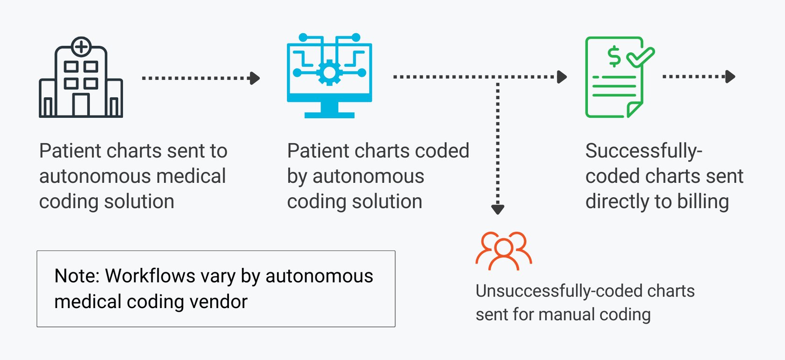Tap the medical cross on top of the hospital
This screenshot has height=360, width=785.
(81, 47)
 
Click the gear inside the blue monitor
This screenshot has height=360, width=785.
(329, 72)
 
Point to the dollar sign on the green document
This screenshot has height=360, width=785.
(614, 56)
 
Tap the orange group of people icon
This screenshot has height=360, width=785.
(504, 251)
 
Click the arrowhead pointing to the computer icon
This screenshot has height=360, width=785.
(255, 78)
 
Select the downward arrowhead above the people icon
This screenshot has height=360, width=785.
(498, 209)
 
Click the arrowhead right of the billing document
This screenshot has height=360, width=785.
(730, 76)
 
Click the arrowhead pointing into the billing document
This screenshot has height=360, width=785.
(562, 77)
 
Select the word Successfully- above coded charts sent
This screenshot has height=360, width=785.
(643, 151)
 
